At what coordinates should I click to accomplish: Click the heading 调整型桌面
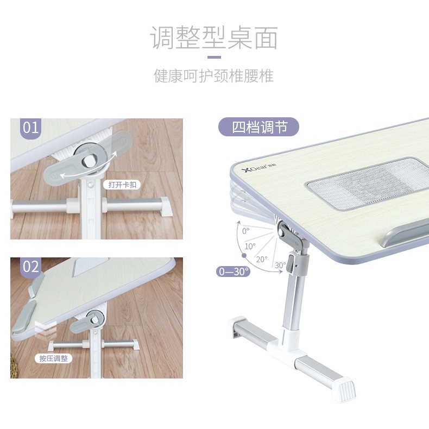point(214,38)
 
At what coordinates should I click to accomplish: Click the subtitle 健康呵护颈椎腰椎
point(214,75)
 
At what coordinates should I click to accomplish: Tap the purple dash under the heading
point(214,56)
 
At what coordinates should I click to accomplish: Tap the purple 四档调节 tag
point(258,128)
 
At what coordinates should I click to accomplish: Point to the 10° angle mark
point(250,246)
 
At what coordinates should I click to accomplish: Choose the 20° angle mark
point(262,259)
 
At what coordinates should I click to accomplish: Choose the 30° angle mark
point(280,265)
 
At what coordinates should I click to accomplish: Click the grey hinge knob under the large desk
point(284,230)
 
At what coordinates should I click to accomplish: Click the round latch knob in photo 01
point(89,161)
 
